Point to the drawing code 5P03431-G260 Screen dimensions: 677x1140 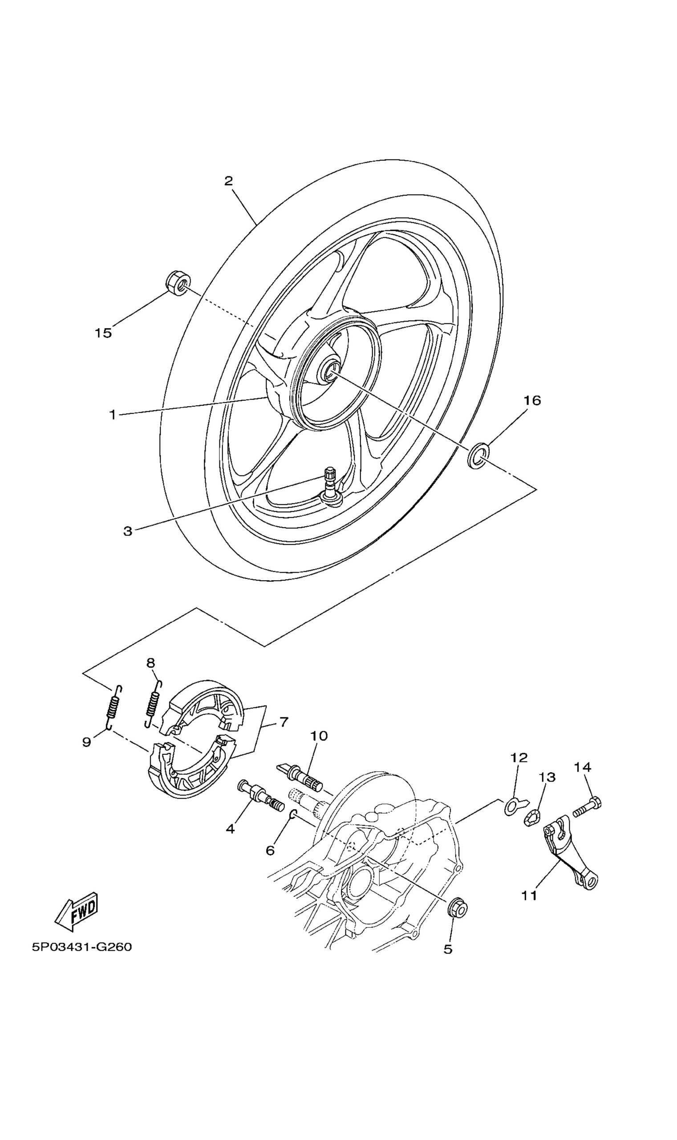(81, 947)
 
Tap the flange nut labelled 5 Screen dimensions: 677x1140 (458, 906)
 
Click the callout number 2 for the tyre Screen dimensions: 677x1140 (228, 181)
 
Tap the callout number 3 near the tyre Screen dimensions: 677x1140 (128, 531)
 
